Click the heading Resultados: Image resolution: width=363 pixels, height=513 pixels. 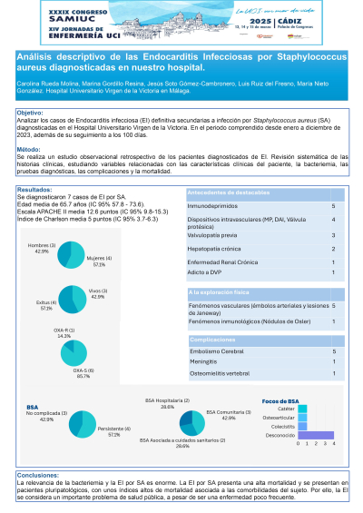click(x=35, y=190)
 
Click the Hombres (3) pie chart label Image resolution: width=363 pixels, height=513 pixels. click(x=41, y=246)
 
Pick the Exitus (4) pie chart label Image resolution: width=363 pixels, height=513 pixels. click(x=43, y=304)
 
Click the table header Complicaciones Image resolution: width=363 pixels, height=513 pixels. click(x=219, y=337)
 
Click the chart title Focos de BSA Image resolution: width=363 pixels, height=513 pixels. click(x=280, y=400)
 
